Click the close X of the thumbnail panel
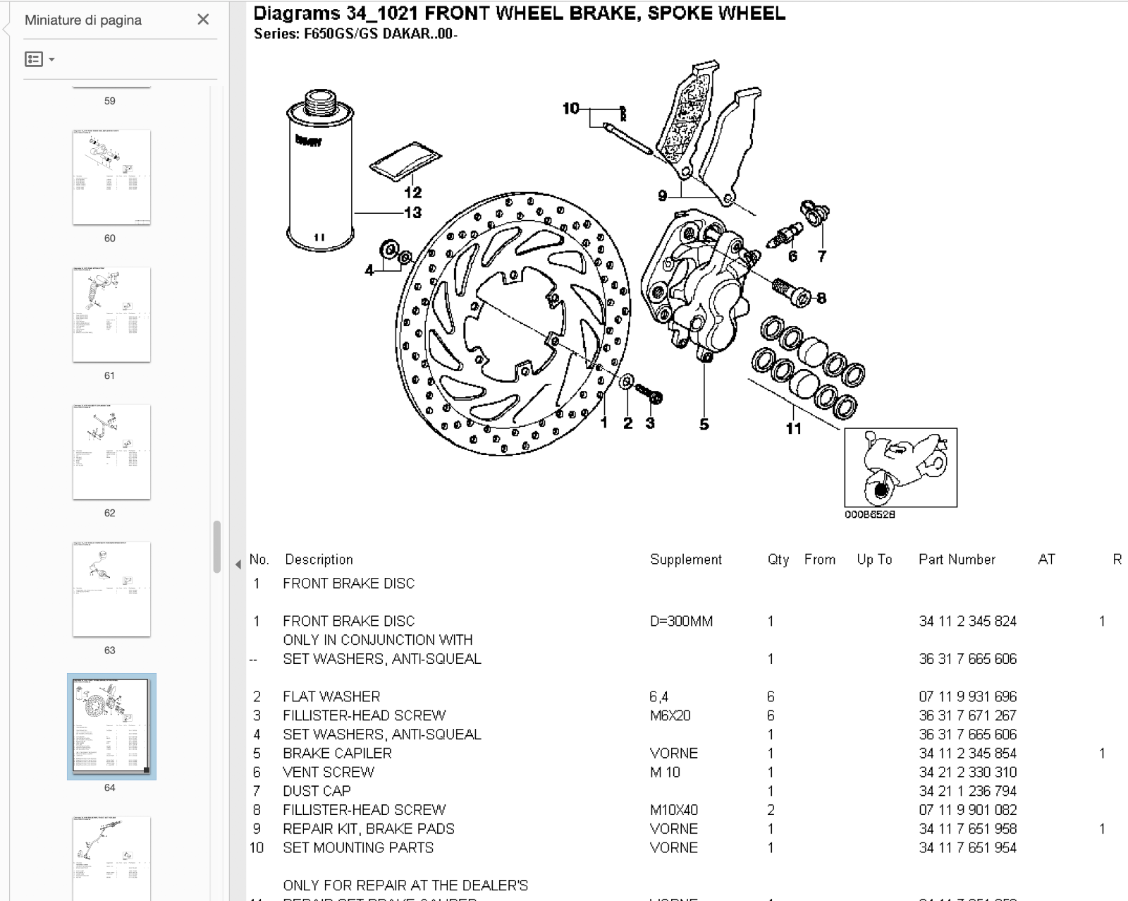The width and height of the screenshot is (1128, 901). tap(203, 20)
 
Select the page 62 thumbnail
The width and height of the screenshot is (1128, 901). tap(111, 452)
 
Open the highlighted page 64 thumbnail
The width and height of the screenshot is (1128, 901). tap(111, 726)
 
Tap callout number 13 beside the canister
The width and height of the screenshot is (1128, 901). tap(412, 212)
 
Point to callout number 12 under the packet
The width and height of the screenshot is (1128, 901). tap(412, 192)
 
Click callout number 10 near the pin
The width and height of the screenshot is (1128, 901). tap(570, 109)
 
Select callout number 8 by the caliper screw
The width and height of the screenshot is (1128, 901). tap(821, 298)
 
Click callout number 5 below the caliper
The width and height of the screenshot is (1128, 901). tap(704, 424)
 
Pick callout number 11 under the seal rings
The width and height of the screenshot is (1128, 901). tap(793, 428)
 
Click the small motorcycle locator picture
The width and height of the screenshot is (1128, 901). tap(900, 467)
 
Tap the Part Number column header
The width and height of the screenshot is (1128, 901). tap(957, 560)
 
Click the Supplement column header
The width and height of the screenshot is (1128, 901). tap(685, 560)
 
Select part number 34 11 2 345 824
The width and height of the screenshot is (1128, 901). tap(967, 622)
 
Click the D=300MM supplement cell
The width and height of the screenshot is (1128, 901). tap(681, 622)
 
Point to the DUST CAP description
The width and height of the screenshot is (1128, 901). tap(317, 791)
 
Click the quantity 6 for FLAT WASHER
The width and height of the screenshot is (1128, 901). tap(771, 696)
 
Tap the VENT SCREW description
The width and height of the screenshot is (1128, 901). tap(329, 773)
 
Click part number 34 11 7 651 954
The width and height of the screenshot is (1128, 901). tap(967, 848)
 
